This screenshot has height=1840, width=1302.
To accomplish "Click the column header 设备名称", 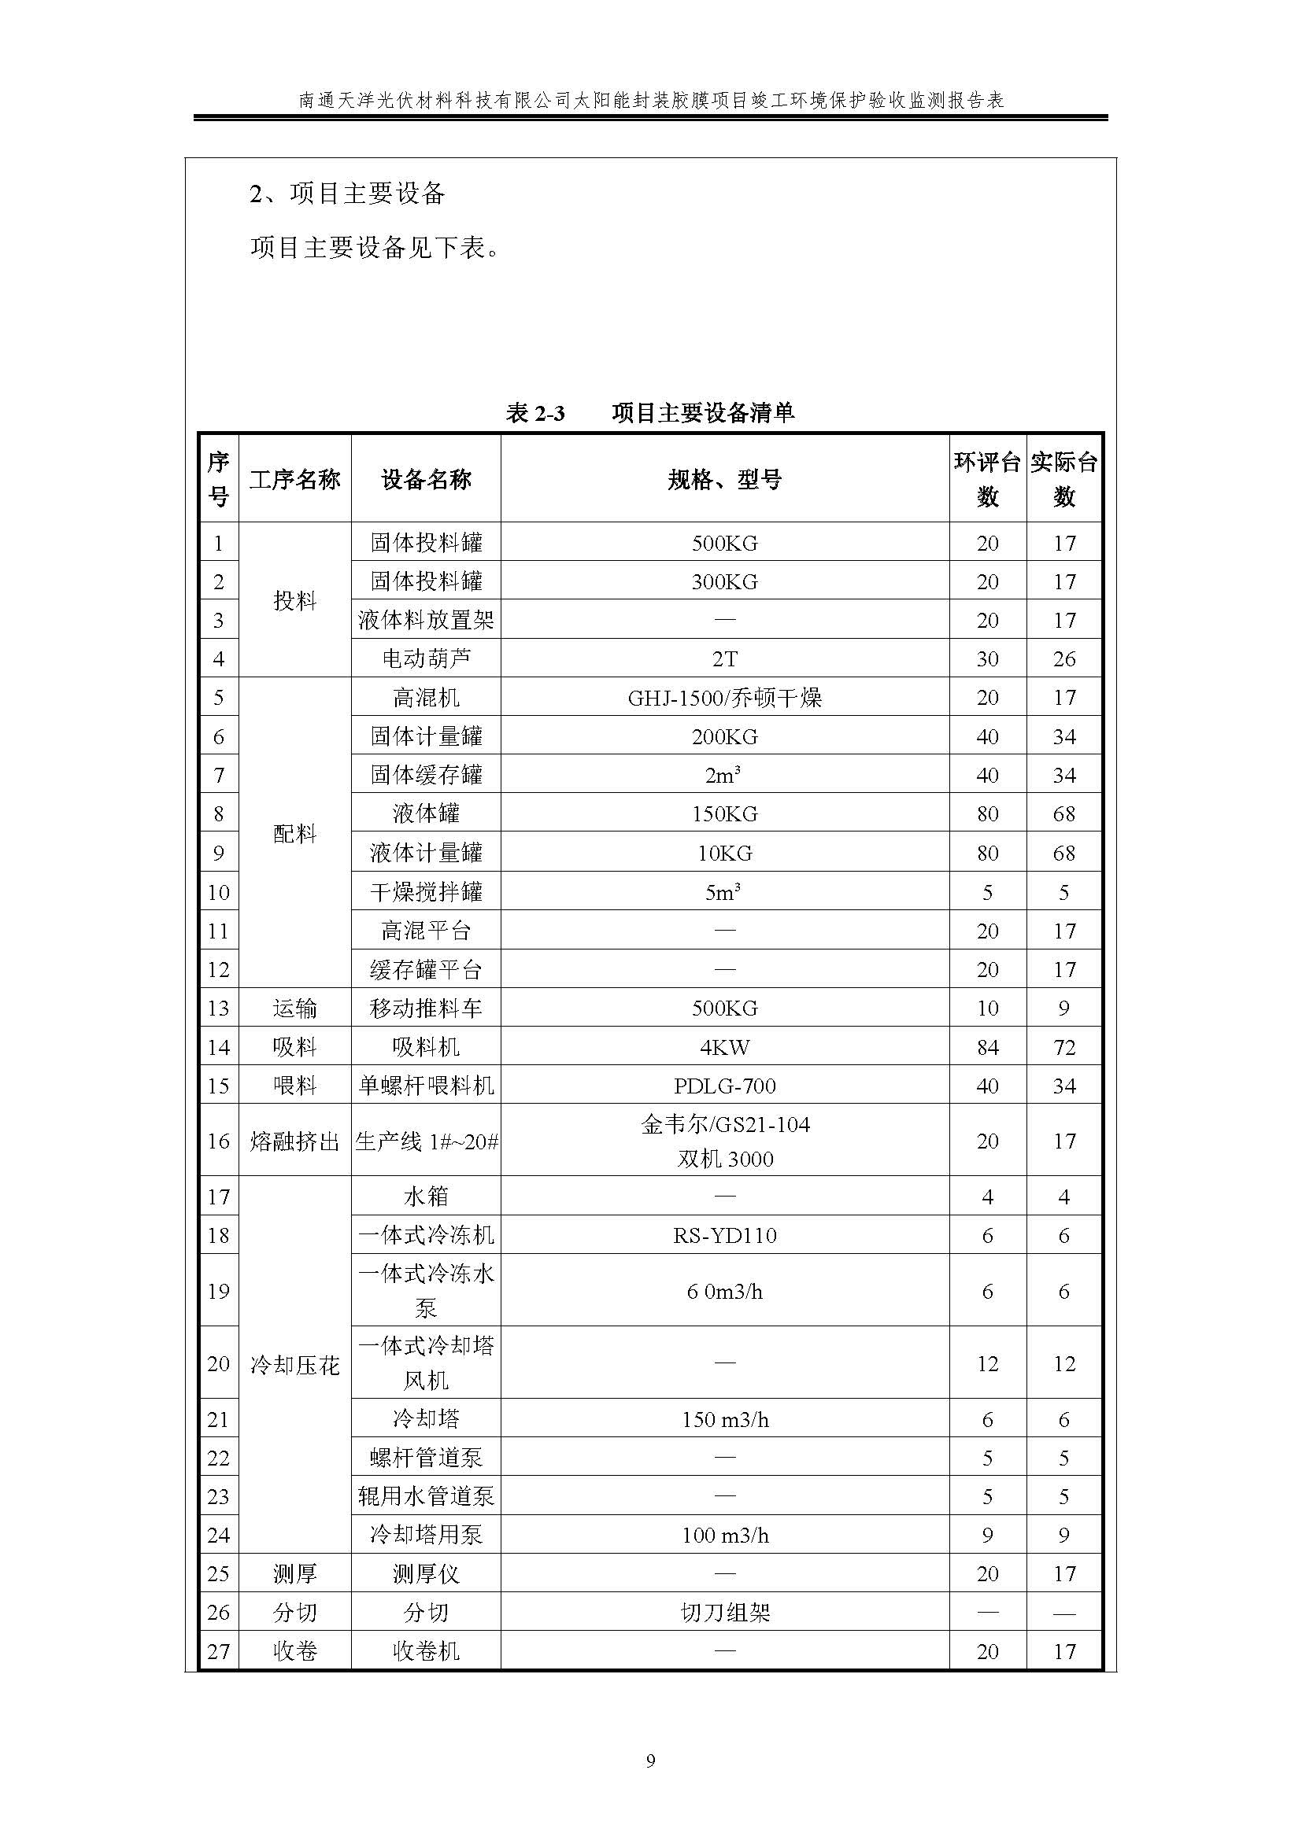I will [426, 480].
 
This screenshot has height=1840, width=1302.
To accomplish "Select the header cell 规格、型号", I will [724, 480].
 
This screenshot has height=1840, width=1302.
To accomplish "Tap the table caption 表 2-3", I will [534, 413].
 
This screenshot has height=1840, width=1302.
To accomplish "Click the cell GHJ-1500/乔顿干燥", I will [724, 698].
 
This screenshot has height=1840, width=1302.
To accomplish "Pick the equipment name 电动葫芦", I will [426, 658].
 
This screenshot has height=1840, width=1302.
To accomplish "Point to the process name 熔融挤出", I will [294, 1141].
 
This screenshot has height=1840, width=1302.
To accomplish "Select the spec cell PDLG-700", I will [724, 1086].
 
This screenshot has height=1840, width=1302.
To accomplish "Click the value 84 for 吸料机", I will [987, 1047].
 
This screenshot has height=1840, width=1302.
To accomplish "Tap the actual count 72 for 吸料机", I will [1064, 1047].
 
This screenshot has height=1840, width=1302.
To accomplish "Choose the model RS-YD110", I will [724, 1235].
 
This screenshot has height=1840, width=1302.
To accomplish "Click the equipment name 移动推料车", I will [426, 1008].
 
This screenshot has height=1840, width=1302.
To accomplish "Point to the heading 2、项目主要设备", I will [347, 194].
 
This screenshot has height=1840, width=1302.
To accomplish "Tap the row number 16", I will [218, 1141].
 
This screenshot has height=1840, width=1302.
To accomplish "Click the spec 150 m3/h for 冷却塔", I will [724, 1420].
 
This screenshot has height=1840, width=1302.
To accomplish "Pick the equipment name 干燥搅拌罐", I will [426, 892].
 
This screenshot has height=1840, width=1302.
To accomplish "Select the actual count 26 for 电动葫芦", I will [1064, 658].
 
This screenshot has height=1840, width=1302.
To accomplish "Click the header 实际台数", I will [1064, 479].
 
